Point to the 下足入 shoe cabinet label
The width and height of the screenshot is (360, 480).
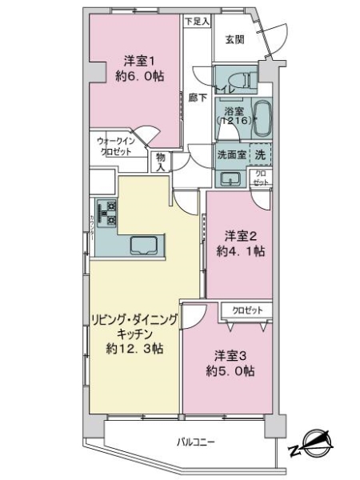pyautogui.click(x=196, y=21)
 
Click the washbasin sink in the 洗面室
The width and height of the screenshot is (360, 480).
pyautogui.click(x=231, y=178)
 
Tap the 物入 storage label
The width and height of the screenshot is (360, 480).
pyautogui.click(x=161, y=163)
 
